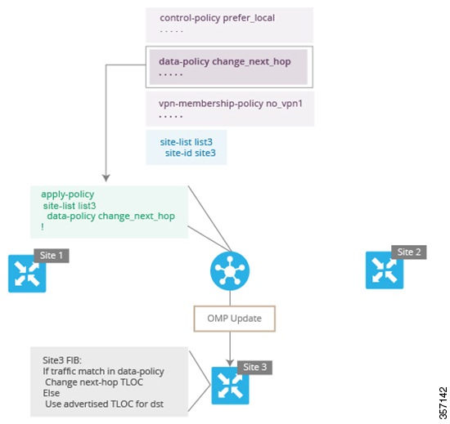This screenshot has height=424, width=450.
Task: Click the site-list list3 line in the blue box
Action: (186, 141)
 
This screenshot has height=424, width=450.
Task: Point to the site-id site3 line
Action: (190, 152)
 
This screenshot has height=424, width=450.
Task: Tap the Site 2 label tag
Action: (408, 252)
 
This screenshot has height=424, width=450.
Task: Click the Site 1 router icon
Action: (27, 274)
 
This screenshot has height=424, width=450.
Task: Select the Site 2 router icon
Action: (385, 270)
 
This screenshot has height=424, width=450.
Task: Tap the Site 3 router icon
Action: (230, 386)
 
